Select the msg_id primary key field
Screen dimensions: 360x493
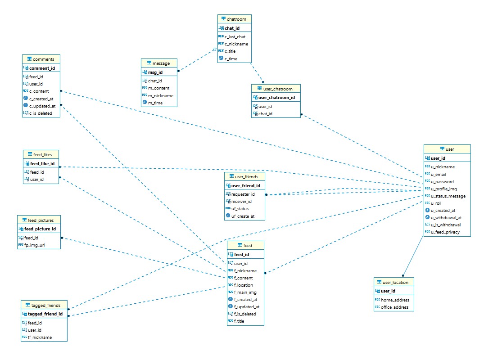(155, 72)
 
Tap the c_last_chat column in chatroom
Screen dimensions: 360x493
(235, 37)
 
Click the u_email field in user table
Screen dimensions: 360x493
(439, 174)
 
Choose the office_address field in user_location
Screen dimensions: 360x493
(394, 307)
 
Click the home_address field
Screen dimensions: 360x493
(395, 300)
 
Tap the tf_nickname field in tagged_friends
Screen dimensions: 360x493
(40, 337)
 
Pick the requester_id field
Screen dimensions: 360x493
(243, 194)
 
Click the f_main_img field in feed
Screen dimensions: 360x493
(245, 292)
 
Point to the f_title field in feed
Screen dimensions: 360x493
(239, 321)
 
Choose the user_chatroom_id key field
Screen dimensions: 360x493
(276, 98)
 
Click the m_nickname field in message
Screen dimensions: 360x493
(161, 95)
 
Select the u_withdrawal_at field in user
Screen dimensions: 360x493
(446, 217)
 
